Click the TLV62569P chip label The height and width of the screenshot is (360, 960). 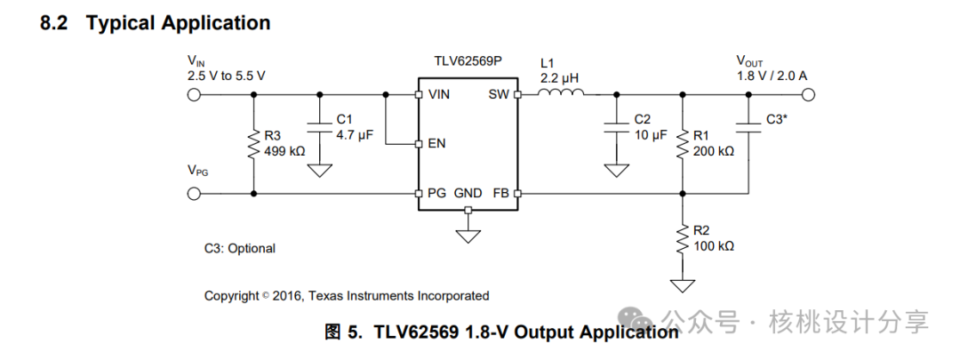(x=468, y=66)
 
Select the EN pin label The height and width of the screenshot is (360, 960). (x=437, y=143)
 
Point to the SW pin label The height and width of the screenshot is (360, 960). (x=498, y=94)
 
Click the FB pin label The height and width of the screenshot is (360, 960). (x=500, y=193)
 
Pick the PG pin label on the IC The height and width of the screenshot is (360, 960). (x=437, y=193)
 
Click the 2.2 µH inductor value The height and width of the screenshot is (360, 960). (x=560, y=78)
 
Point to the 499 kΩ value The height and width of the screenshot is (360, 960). (x=284, y=151)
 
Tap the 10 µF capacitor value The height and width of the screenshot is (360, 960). (x=651, y=134)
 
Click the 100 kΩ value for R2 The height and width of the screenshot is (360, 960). (x=714, y=245)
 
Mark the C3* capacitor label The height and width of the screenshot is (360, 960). (x=776, y=118)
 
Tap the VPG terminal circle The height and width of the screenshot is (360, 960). (x=194, y=193)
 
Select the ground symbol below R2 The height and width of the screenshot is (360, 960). (x=682, y=284)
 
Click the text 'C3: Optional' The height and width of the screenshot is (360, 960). (x=240, y=249)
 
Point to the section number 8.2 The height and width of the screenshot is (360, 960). (x=55, y=23)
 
